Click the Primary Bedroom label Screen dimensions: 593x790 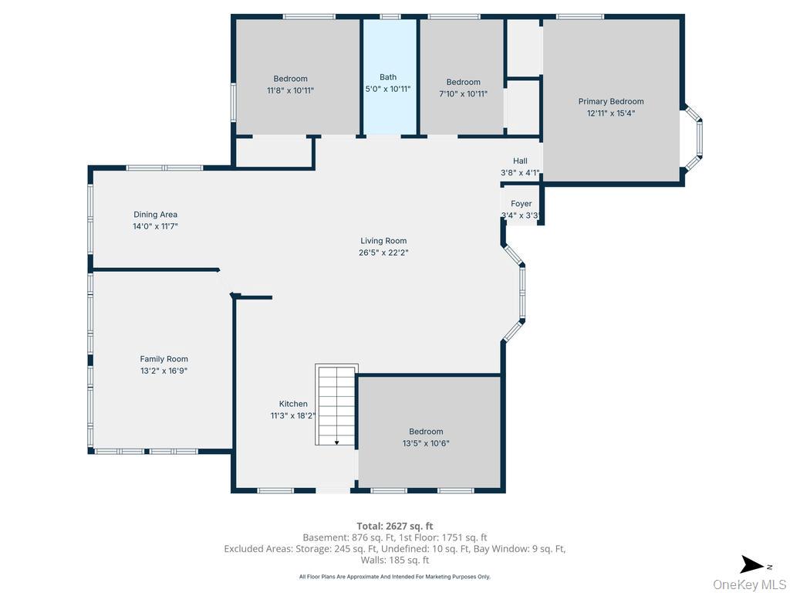pyautogui.click(x=611, y=101)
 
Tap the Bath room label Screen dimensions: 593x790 pyautogui.click(x=388, y=77)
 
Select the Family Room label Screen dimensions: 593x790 pyautogui.click(x=164, y=359)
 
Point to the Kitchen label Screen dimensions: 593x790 pyautogui.click(x=293, y=404)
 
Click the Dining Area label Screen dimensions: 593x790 pyautogui.click(x=155, y=215)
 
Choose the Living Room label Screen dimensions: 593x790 pyautogui.click(x=383, y=241)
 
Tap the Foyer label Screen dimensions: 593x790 pyautogui.click(x=522, y=204)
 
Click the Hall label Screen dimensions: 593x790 pyautogui.click(x=520, y=161)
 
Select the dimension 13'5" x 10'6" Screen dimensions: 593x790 pyautogui.click(x=426, y=443)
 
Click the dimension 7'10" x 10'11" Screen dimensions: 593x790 pyautogui.click(x=464, y=94)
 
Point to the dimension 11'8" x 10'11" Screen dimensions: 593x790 pyautogui.click(x=290, y=90)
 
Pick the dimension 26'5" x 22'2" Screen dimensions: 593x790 pyautogui.click(x=383, y=252)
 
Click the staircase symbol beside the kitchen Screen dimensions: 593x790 pyautogui.click(x=336, y=405)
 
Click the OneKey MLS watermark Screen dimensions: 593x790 pyautogui.click(x=749, y=585)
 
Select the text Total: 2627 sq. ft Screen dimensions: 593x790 pyautogui.click(x=395, y=526)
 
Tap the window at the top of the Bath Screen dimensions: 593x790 pyautogui.click(x=390, y=16)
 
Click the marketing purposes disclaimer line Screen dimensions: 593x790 pyautogui.click(x=395, y=577)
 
